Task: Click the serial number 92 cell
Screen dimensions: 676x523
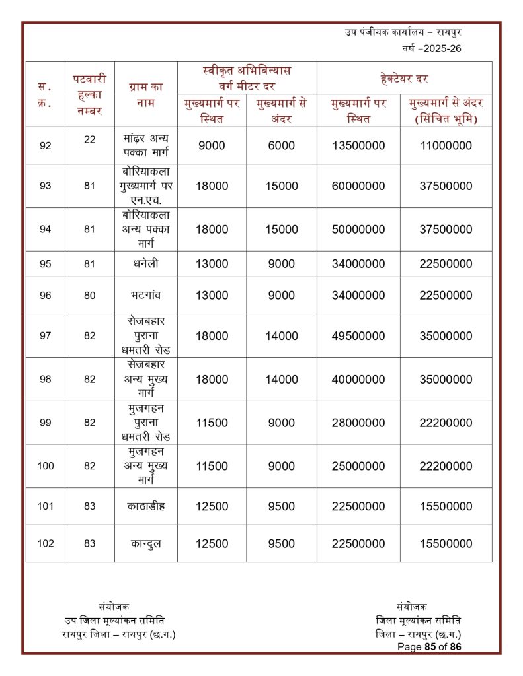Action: (x=45, y=146)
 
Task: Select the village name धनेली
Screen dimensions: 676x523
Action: (x=145, y=264)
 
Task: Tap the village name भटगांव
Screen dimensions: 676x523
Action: (x=145, y=296)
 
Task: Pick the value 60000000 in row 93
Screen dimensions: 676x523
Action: (x=358, y=186)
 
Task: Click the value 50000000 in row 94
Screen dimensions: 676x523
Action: (x=358, y=230)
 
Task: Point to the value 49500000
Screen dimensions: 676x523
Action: (x=358, y=336)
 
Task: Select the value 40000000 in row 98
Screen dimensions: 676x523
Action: (x=358, y=380)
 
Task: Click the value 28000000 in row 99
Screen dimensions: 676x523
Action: (x=358, y=423)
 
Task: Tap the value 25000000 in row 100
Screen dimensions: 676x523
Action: (x=358, y=466)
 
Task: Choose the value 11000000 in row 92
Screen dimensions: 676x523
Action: (x=446, y=146)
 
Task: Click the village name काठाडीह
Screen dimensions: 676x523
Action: (x=145, y=506)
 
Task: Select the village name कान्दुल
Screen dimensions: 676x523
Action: (x=145, y=544)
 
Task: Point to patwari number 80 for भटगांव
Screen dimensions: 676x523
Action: (x=90, y=296)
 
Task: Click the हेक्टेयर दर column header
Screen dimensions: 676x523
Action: (x=404, y=79)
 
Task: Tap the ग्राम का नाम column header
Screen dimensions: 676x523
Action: (x=145, y=94)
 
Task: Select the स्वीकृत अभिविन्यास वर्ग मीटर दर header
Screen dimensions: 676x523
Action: (x=247, y=78)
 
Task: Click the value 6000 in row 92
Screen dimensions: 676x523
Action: (x=282, y=146)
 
